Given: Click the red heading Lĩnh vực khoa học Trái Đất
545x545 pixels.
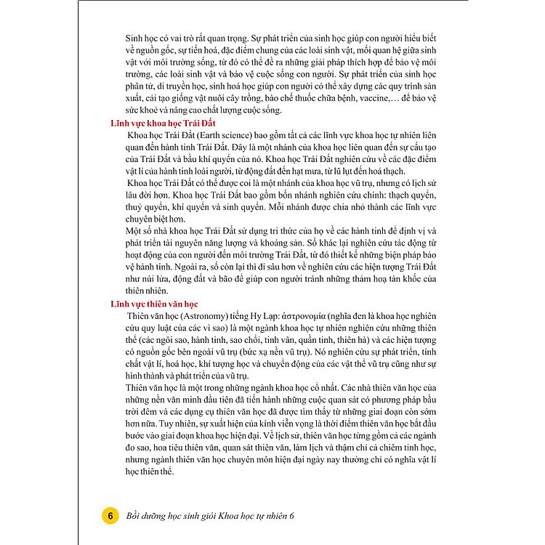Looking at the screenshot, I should coord(159,124).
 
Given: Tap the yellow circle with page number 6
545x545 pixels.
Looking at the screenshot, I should coord(110,515).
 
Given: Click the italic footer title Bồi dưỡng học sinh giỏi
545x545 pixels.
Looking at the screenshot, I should coord(175,515).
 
